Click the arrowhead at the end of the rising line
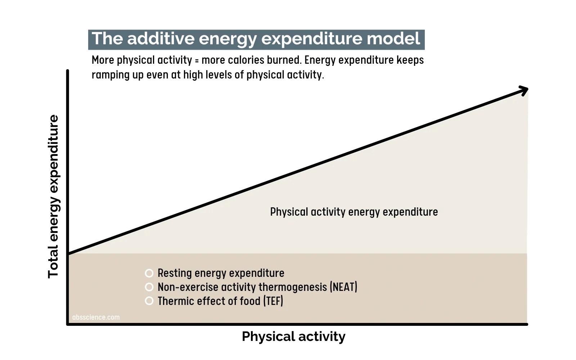[525, 90]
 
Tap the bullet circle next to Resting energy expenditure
[149, 273]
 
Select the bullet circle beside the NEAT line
[149, 287]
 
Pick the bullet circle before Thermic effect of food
[149, 301]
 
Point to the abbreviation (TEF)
[273, 301]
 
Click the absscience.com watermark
[96, 317]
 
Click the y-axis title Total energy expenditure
[54, 197]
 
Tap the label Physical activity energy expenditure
[354, 212]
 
